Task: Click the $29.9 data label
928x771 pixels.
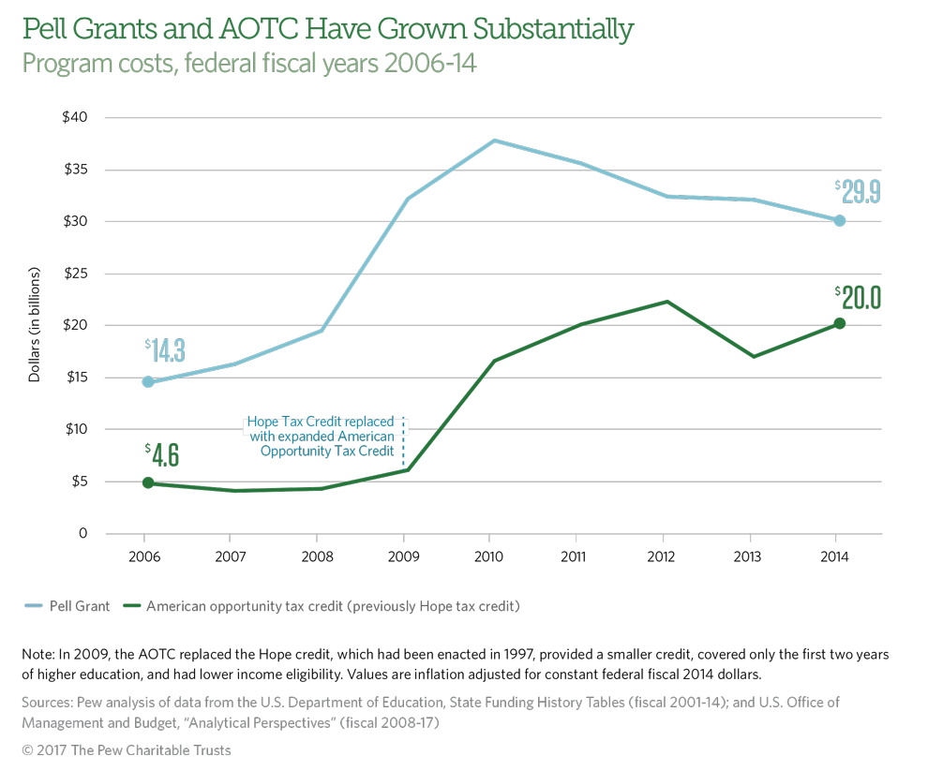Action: pos(860,192)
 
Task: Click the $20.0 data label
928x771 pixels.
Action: pos(860,297)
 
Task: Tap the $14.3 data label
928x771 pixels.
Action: pos(165,351)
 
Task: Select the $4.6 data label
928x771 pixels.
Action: pos(162,455)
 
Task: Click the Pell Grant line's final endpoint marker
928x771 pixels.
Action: pos(840,221)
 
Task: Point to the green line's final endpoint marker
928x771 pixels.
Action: pos(840,323)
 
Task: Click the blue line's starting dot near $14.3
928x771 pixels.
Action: pos(148,381)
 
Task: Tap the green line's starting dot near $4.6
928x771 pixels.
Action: pos(148,482)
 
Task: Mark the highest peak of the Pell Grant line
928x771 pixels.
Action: pos(494,141)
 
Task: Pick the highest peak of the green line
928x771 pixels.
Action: pos(666,302)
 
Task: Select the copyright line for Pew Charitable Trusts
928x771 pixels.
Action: pos(127,751)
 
